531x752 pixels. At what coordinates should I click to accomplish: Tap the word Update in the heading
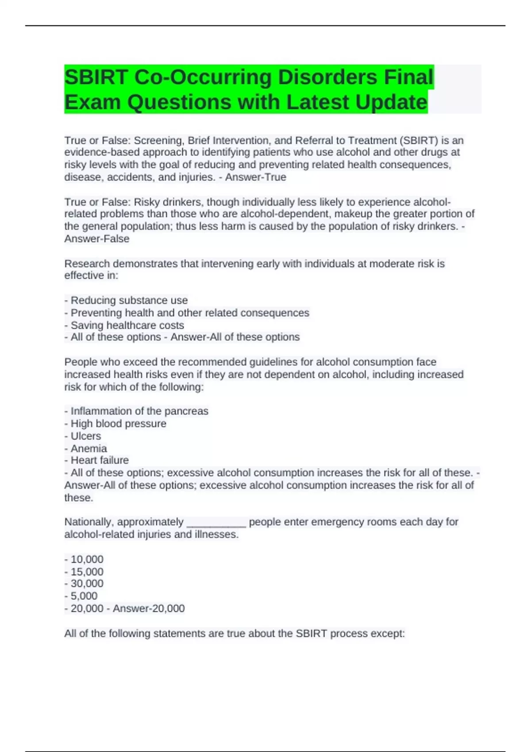tap(391, 102)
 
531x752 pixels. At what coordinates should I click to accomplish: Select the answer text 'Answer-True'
tap(256, 177)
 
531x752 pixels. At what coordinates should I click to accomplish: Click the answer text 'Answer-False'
tap(97, 239)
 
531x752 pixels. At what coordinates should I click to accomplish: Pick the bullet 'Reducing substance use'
tap(129, 300)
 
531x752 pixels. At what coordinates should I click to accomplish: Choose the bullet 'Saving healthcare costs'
tap(127, 325)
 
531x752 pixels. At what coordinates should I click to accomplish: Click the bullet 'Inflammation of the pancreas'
tap(139, 411)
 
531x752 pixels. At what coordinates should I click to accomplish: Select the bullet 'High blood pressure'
tap(118, 423)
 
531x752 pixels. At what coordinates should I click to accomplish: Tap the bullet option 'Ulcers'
tap(86, 436)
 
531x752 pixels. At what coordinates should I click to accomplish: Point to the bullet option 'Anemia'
tap(88, 448)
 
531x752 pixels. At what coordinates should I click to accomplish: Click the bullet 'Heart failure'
tap(100, 460)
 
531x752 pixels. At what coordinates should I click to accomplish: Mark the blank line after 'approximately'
tap(216, 523)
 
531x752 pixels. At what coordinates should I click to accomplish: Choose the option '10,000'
tap(87, 559)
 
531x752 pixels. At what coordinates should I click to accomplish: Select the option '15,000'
tap(87, 572)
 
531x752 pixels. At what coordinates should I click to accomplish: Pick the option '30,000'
tap(87, 583)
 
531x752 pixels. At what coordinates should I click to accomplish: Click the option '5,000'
tap(84, 596)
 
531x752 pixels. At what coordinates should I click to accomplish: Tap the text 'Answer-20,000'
tap(149, 608)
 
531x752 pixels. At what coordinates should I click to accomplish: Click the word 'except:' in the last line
tap(390, 633)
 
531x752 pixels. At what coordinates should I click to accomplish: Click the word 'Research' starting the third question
tap(87, 264)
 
